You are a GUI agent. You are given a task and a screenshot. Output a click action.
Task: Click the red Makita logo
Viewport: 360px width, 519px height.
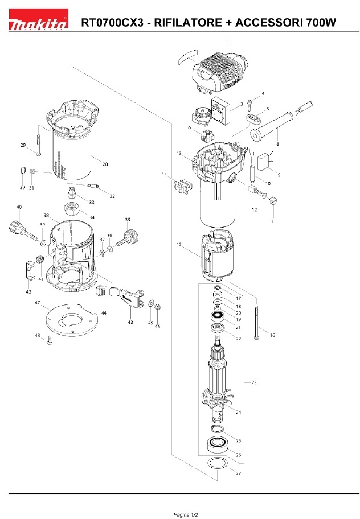38,19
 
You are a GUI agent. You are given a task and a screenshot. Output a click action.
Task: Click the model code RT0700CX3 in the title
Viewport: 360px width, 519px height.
112,23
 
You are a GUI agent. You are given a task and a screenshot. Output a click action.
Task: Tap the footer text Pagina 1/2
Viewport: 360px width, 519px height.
186,514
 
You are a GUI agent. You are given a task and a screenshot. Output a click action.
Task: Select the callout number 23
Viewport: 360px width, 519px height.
253,382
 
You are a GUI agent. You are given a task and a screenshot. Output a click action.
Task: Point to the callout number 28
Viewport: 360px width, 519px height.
105,164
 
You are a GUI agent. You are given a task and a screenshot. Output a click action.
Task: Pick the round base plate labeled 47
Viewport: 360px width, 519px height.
72,319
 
